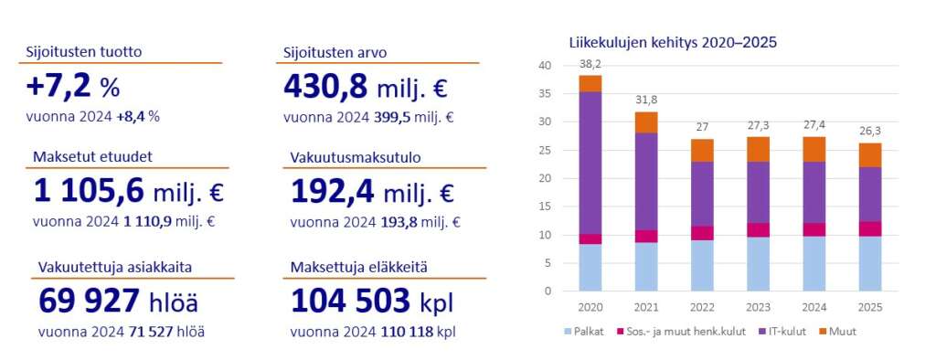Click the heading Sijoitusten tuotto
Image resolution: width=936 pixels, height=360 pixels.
(83, 51)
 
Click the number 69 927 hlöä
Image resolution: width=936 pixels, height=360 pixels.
(118, 301)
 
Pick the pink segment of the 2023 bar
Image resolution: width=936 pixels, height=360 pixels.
(759, 229)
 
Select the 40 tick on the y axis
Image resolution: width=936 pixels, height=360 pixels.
(544, 66)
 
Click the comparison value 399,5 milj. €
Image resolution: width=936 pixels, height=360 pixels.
(409, 117)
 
